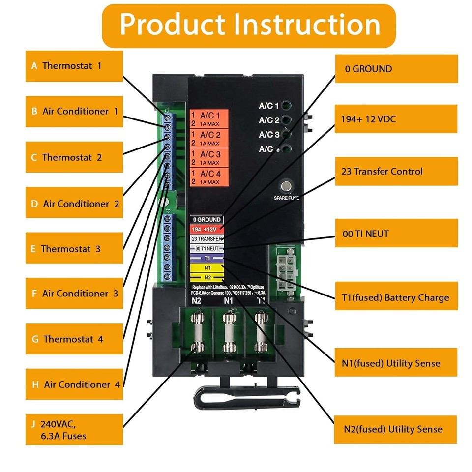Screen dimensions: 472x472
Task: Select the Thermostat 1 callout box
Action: click(x=74, y=66)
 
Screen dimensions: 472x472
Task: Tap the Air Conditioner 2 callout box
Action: click(x=74, y=204)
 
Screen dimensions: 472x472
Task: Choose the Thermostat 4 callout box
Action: click(x=74, y=339)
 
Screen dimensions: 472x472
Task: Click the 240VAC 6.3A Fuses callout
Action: click(x=74, y=430)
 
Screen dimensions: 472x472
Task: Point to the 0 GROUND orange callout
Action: click(x=396, y=69)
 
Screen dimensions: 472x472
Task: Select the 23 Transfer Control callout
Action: click(x=396, y=172)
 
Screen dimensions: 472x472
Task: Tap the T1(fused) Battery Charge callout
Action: click(x=396, y=297)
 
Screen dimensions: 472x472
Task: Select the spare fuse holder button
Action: click(x=285, y=186)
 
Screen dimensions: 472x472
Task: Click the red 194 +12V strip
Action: click(x=207, y=229)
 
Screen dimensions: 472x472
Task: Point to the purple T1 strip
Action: click(x=207, y=258)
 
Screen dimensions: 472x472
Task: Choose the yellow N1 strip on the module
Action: click(x=207, y=268)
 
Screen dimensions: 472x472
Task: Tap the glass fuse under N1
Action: click(x=228, y=334)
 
